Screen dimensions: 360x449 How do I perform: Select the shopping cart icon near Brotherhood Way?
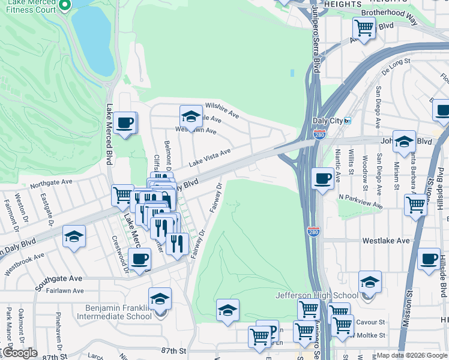click(x=364, y=27)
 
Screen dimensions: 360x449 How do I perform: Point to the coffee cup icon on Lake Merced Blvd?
click(x=125, y=123)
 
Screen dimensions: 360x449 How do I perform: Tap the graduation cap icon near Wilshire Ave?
click(x=191, y=116)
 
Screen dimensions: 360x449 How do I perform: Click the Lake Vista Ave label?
click(x=209, y=158)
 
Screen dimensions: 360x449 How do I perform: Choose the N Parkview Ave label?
click(x=360, y=200)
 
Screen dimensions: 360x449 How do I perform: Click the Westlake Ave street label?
click(x=385, y=241)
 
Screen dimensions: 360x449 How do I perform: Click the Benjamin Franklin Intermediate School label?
click(x=114, y=312)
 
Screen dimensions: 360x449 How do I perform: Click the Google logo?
click(x=19, y=353)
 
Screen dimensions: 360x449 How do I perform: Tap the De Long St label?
click(x=397, y=62)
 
